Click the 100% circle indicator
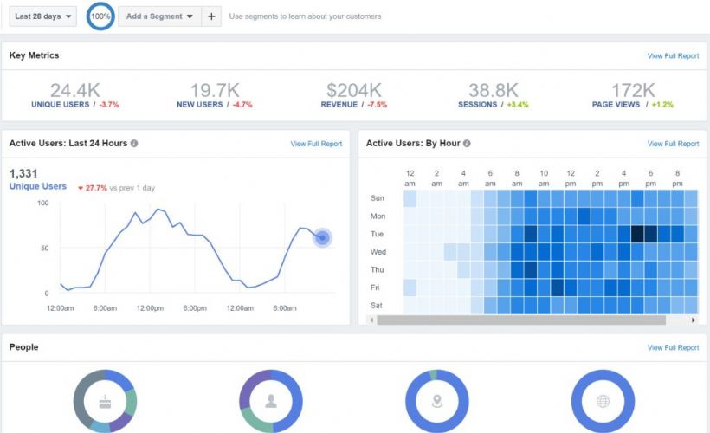click(x=100, y=16)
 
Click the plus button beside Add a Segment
click(x=212, y=16)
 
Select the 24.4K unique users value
click(x=74, y=90)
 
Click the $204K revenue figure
click(x=353, y=90)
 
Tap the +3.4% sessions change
click(x=517, y=105)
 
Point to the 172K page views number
click(x=633, y=90)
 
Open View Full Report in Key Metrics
click(x=673, y=56)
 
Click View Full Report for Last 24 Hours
click(x=316, y=144)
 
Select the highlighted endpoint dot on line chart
click(x=322, y=237)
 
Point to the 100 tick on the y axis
click(x=42, y=203)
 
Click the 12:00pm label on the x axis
click(x=151, y=308)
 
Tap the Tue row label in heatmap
click(x=378, y=234)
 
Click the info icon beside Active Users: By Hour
click(x=468, y=144)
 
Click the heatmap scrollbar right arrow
click(x=693, y=320)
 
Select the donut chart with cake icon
click(x=105, y=401)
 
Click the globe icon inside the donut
click(x=603, y=401)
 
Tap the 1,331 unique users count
click(x=23, y=173)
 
